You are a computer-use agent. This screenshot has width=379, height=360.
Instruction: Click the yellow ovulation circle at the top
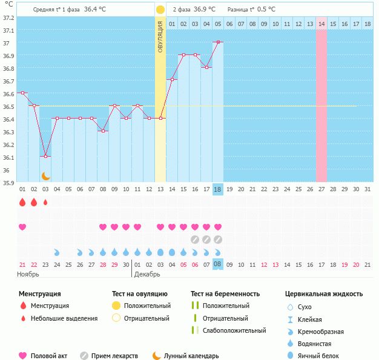click(x=160, y=10)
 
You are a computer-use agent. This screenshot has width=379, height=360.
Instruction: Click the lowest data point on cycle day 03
click(x=45, y=156)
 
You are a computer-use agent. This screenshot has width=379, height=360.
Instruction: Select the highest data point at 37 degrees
click(x=218, y=42)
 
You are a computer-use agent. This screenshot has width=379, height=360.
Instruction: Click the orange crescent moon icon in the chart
click(x=45, y=176)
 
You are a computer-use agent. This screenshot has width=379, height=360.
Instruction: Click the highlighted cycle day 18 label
click(x=218, y=189)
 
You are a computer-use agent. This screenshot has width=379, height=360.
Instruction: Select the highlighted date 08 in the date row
click(x=218, y=264)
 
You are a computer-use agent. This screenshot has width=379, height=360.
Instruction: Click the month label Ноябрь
click(x=28, y=274)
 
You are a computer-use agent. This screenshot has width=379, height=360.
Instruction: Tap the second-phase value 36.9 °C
click(x=205, y=10)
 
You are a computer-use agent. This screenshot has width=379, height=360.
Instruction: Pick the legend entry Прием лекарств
click(x=114, y=356)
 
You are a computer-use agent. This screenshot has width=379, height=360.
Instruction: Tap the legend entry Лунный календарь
click(x=191, y=356)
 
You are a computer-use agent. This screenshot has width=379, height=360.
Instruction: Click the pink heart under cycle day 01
click(x=22, y=227)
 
